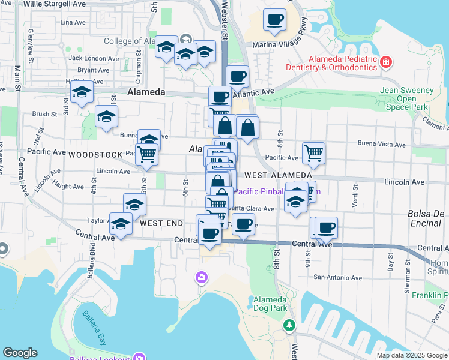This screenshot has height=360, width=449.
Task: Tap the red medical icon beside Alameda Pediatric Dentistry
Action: point(385,62)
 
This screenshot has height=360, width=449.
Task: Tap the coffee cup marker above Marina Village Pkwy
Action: point(274,20)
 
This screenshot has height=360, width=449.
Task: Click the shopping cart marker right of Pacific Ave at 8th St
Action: point(313,154)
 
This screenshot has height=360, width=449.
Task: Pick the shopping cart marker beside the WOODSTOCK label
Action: point(146,155)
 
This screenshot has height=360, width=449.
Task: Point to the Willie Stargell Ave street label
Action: point(55,4)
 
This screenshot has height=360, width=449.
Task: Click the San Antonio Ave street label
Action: point(339,278)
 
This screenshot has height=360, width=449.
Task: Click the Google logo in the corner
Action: point(20,353)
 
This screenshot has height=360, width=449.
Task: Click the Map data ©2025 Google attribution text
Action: point(412,355)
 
